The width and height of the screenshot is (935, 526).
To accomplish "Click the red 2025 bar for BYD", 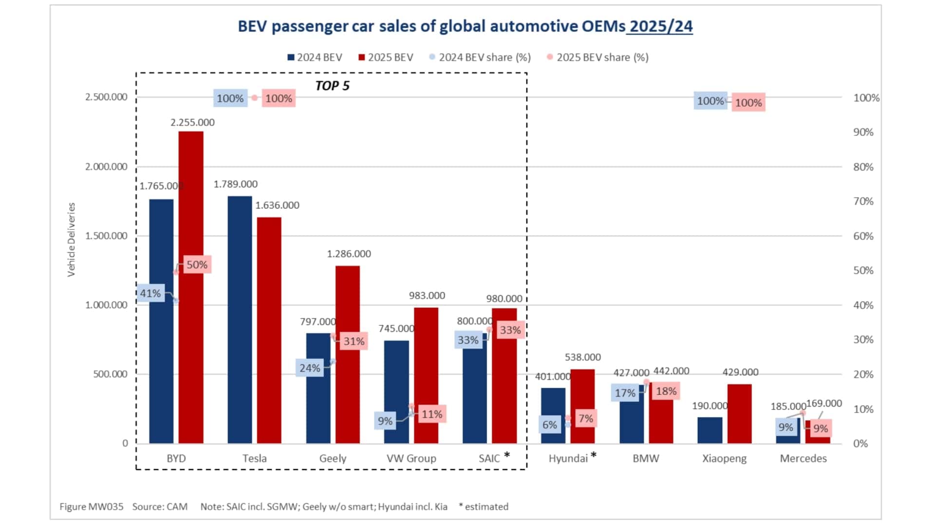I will [191, 287].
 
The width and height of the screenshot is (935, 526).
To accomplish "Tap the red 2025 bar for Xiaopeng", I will [739, 413].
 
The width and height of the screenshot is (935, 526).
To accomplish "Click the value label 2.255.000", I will [192, 122].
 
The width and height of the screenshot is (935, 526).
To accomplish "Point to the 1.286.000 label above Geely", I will [349, 254].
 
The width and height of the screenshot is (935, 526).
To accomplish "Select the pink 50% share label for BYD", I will [197, 264].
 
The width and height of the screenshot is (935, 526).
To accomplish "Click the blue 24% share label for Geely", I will [310, 368].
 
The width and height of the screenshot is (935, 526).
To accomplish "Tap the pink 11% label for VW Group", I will [431, 414].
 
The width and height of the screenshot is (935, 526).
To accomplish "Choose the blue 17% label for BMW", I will [625, 393].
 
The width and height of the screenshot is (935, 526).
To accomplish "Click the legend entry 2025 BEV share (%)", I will [602, 57].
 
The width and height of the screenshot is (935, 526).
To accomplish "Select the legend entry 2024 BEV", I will [319, 57].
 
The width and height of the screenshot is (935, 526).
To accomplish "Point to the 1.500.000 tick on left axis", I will [106, 236].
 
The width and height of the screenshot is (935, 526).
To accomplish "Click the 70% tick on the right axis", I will [863, 201].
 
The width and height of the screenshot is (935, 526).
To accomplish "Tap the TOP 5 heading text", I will [332, 86].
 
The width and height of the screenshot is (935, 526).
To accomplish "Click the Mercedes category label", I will [803, 458].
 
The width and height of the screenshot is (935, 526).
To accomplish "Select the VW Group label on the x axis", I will [411, 458].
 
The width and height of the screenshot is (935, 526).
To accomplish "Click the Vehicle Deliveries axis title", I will [72, 240].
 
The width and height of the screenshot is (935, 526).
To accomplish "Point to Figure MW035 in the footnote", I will [91, 507].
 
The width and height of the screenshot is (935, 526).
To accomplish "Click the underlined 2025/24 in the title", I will [661, 26].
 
